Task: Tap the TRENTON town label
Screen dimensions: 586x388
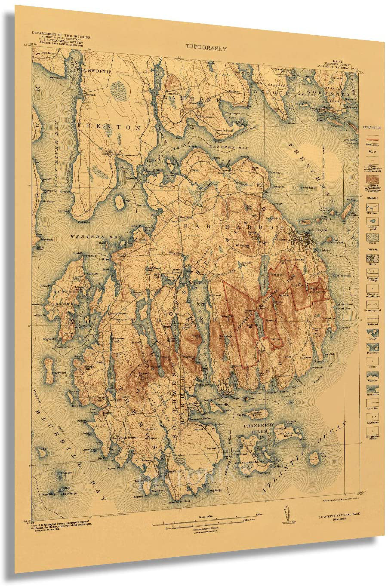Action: pyautogui.click(x=109, y=127)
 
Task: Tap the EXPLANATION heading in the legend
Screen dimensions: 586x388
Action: pyautogui.click(x=372, y=128)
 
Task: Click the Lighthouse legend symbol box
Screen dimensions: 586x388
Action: pyautogui.click(x=373, y=416)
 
